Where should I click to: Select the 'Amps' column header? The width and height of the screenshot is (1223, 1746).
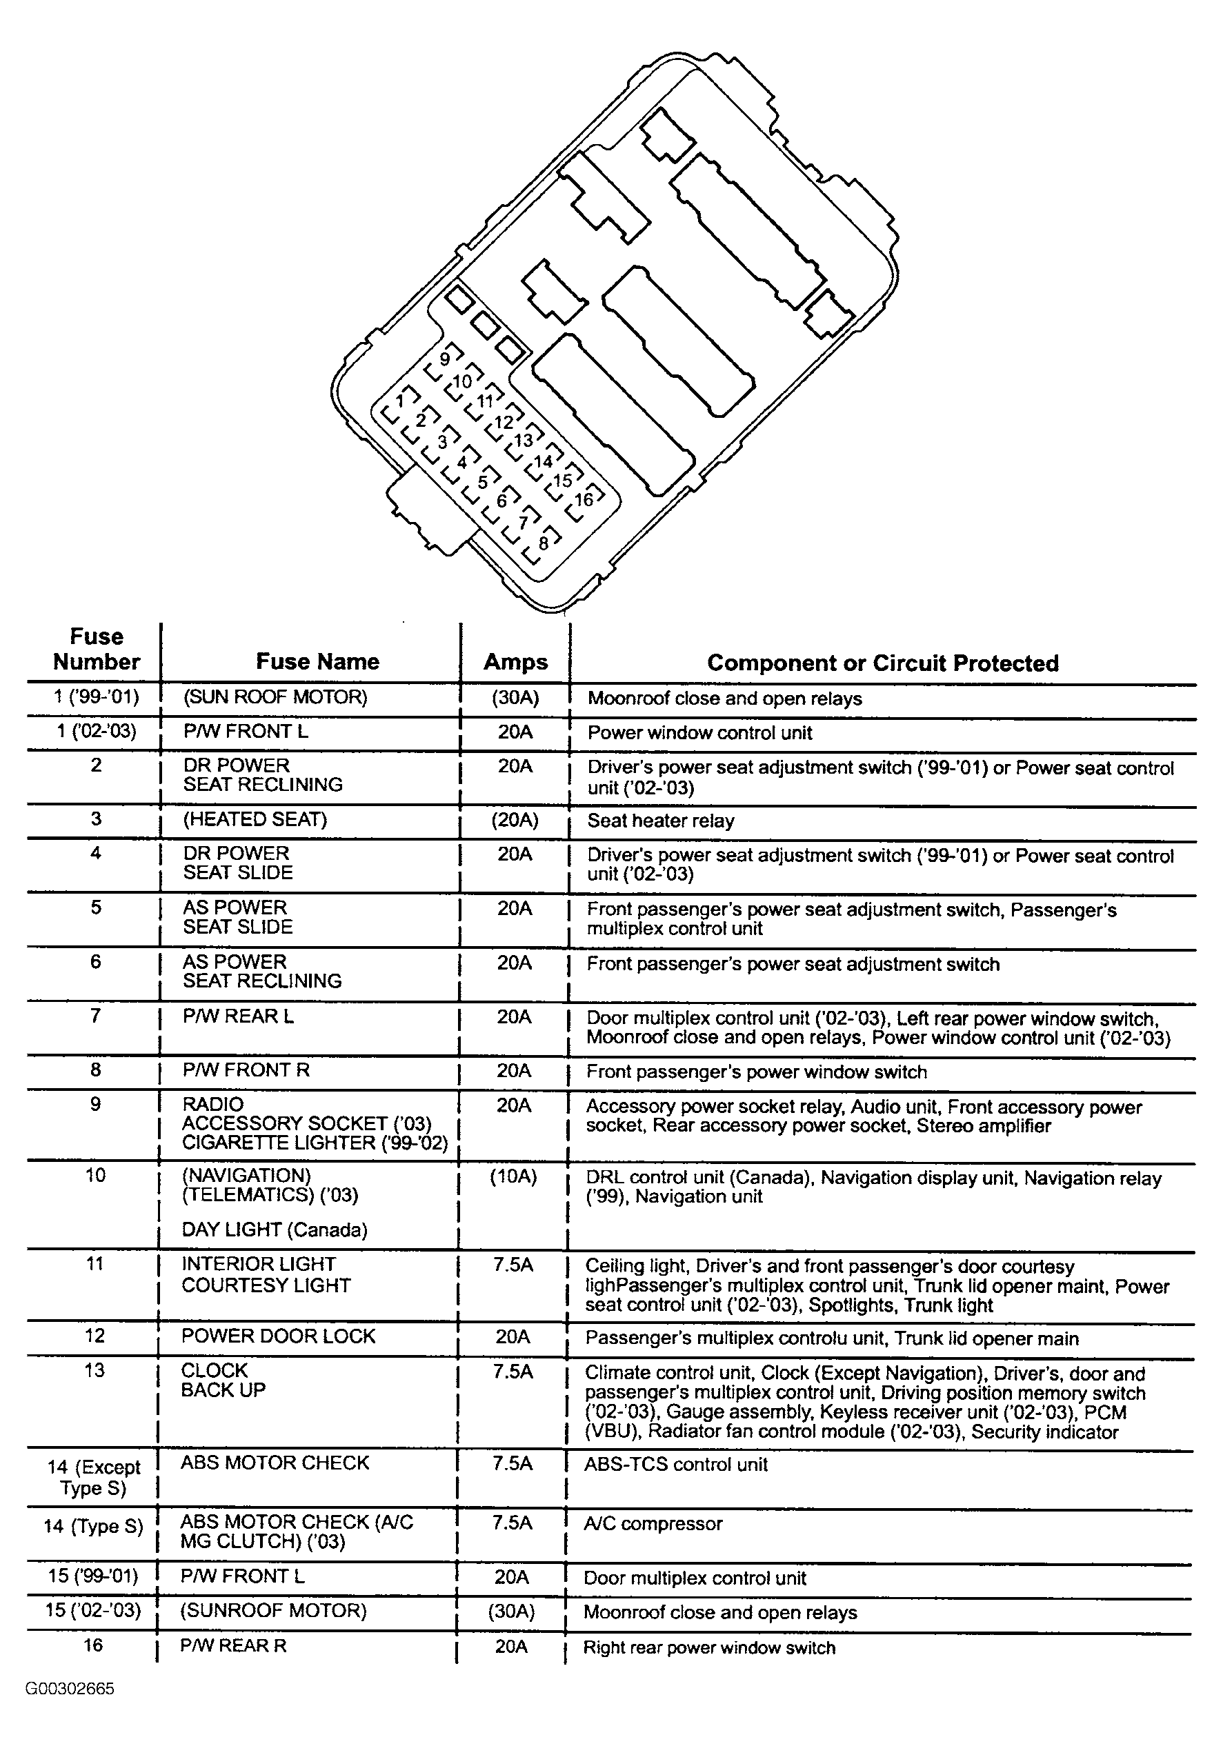click(x=516, y=663)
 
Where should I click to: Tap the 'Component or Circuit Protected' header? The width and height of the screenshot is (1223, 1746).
click(x=882, y=663)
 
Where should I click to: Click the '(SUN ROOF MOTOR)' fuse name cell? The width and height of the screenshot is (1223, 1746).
click(x=275, y=697)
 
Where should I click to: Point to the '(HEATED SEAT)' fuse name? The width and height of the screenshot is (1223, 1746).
click(x=255, y=819)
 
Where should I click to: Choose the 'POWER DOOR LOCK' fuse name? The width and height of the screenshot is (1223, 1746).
click(x=279, y=1336)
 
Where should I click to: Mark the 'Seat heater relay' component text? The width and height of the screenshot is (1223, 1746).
click(x=661, y=821)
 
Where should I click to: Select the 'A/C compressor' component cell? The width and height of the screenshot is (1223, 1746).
click(x=653, y=1524)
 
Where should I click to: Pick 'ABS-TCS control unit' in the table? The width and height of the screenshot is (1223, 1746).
click(x=676, y=1465)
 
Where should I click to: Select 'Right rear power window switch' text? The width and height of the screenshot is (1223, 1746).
click(x=709, y=1648)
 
